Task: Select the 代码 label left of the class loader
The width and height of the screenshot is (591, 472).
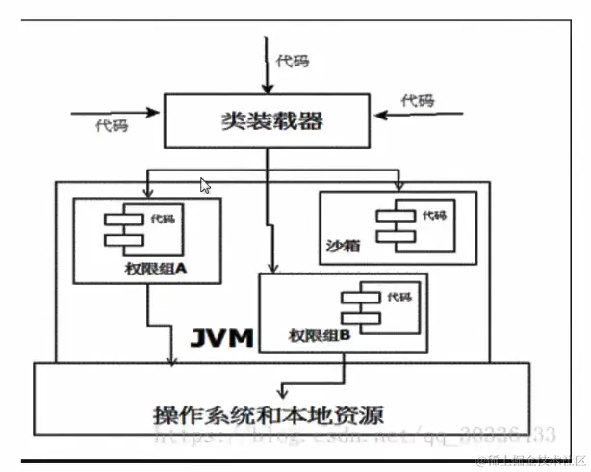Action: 112,126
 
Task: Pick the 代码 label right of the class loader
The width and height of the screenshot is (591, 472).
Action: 418,100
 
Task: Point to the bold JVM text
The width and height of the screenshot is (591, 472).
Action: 218,337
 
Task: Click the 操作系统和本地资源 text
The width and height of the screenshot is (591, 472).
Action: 268,417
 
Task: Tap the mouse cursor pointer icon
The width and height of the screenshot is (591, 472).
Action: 205,186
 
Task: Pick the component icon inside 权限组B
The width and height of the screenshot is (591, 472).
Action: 356,309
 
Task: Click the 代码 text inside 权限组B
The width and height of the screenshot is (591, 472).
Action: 399,296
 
